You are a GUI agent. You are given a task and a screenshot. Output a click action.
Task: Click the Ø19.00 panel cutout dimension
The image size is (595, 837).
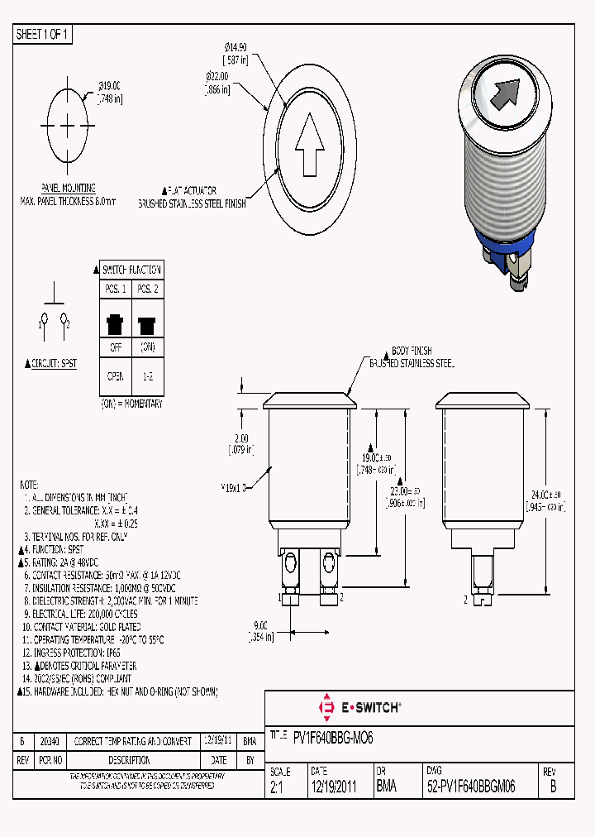click(109, 85)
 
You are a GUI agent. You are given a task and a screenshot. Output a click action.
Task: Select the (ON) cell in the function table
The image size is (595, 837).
click(147, 347)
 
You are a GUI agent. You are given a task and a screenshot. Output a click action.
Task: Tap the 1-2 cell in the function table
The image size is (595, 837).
click(147, 376)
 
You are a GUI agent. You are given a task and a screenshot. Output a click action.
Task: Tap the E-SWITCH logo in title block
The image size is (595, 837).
click(359, 708)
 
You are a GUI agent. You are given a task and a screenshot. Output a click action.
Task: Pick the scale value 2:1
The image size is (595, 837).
click(278, 788)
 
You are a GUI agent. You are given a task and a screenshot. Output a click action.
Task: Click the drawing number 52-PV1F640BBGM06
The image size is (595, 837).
click(471, 788)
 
